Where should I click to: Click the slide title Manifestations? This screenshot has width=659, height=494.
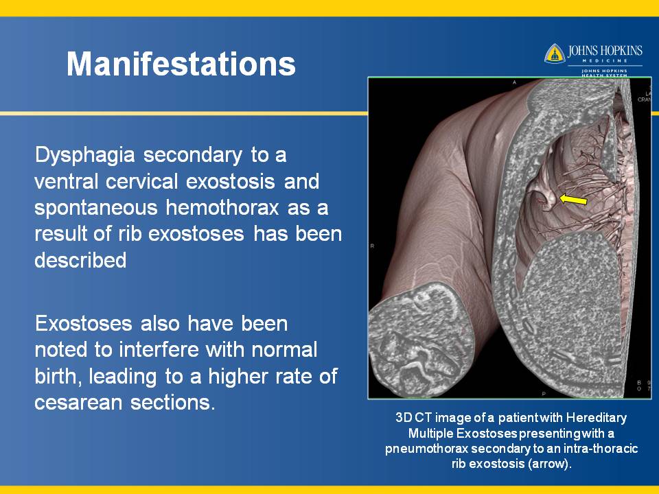181,64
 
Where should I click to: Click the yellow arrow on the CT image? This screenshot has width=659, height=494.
573,199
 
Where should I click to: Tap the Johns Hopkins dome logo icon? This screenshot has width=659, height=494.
555,54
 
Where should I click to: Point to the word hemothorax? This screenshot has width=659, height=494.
222,207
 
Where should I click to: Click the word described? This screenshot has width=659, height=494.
80,260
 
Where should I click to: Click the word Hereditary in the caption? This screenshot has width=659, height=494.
596,418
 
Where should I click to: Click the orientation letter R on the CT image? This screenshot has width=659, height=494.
372,246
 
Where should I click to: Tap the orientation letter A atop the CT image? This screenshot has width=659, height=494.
514,82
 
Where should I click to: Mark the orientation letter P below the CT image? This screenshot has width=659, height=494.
544,394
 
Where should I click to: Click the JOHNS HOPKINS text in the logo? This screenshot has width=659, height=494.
605,51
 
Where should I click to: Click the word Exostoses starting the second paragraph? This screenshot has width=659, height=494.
83,324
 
